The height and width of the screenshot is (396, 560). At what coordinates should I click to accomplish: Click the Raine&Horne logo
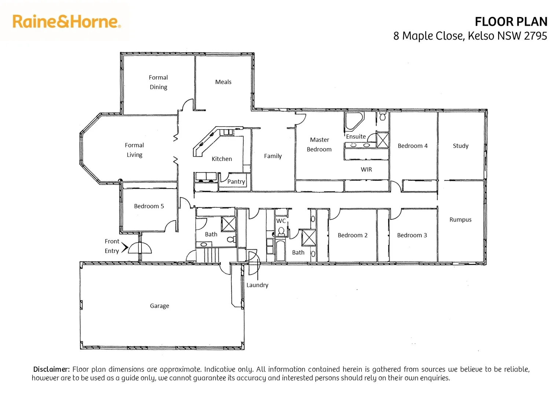click(x=66, y=22)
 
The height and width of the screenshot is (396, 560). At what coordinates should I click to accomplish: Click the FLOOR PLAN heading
click(x=511, y=22)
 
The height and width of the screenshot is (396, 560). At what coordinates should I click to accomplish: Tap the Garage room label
click(x=159, y=306)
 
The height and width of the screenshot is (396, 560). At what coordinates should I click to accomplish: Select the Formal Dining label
click(x=158, y=82)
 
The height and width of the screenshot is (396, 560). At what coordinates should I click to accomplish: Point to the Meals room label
click(x=223, y=82)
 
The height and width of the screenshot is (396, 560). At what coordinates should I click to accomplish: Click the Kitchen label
click(x=222, y=159)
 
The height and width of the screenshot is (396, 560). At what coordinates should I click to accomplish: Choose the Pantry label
click(x=236, y=181)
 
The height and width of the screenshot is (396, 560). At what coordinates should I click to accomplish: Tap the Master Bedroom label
click(x=319, y=144)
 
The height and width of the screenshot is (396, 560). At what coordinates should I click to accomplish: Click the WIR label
click(x=366, y=169)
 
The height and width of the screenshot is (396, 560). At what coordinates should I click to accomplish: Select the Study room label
click(x=460, y=146)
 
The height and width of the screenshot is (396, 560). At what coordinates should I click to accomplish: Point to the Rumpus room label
click(x=460, y=220)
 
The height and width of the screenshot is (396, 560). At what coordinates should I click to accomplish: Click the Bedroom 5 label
click(x=149, y=206)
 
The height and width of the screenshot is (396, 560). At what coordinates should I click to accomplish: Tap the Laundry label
click(x=257, y=285)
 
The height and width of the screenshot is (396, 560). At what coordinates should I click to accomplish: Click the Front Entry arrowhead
click(x=125, y=247)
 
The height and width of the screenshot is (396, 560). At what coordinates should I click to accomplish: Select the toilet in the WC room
click(x=281, y=231)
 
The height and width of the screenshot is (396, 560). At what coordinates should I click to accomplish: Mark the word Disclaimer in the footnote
click(x=51, y=369)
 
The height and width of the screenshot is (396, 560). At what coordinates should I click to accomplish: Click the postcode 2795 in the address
click(x=535, y=36)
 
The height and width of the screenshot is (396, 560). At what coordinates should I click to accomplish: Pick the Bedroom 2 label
click(x=353, y=235)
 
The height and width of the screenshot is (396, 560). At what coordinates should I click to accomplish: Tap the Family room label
click(x=273, y=156)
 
